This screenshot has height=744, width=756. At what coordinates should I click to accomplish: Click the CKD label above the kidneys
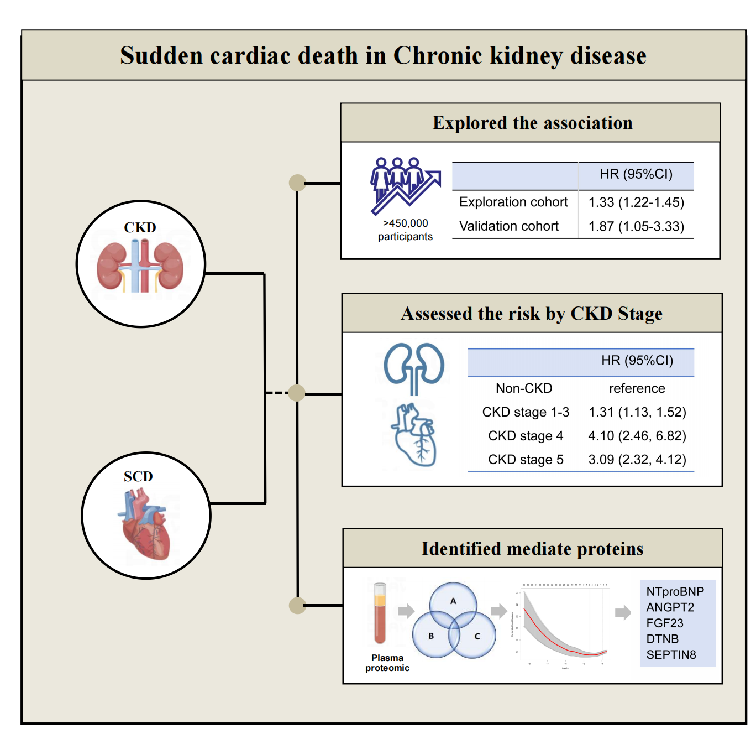pos(140,227)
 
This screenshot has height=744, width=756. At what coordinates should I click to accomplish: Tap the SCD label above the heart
pos(138,476)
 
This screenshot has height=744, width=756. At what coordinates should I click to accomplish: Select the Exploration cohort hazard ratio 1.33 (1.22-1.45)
pos(636,202)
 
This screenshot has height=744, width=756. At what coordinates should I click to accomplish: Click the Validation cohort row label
pos(508,226)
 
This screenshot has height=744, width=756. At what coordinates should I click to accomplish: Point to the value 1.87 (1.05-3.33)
pos(636,226)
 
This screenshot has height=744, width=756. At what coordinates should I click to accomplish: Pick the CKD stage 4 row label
pos(526,436)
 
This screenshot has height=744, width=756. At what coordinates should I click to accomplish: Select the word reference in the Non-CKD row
pos(637,388)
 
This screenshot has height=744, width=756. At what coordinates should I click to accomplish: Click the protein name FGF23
pos(665,623)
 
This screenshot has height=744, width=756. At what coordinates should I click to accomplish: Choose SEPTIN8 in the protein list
pos(671,654)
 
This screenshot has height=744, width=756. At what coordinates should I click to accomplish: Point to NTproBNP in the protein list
pos(675,591)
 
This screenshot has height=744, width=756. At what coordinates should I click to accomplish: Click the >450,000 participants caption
pos(405,230)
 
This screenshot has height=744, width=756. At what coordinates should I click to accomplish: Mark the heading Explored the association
pos(532,123)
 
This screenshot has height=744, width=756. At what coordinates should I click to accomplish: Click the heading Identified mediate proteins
pos(532,549)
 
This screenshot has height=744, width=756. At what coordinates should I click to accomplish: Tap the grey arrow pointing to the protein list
pos(623,612)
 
